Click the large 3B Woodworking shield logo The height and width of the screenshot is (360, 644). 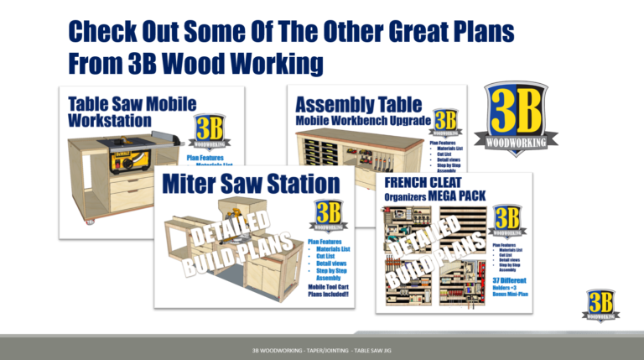516,114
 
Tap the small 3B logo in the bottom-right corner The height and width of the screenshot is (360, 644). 601,305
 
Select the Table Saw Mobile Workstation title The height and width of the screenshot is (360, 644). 132,112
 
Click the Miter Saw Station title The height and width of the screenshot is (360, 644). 251,184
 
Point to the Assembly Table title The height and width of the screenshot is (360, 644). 358,104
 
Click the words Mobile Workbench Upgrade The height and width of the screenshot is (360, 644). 364,121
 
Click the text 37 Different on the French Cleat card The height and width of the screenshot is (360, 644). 508,279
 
